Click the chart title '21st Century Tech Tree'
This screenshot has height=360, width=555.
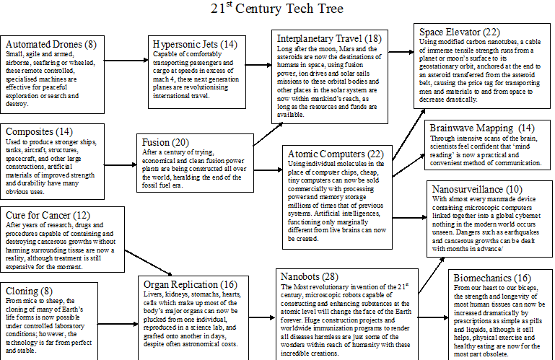click(277, 8)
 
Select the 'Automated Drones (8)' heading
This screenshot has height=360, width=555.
click(51, 44)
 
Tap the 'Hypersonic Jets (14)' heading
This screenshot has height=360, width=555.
click(195, 44)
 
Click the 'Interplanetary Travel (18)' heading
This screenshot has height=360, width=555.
click(329, 38)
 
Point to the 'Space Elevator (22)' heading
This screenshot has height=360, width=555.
click(460, 32)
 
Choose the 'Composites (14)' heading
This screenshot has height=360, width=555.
click(39, 132)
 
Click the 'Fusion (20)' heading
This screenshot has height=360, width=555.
click(165, 142)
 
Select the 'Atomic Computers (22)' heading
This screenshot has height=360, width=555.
click(336, 154)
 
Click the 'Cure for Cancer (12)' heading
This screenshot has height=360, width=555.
click(48, 216)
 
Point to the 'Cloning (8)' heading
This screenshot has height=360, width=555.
click(29, 291)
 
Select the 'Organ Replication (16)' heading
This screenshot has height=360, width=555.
click(191, 284)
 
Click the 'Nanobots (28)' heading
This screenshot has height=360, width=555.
click(310, 276)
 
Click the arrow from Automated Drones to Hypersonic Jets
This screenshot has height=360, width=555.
click(126, 61)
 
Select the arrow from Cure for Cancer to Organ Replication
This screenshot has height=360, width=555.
click(148, 263)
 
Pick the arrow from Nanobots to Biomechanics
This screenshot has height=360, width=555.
click(433, 317)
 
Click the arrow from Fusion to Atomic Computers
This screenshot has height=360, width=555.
click(268, 170)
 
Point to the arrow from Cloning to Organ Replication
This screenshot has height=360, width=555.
click(118, 324)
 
